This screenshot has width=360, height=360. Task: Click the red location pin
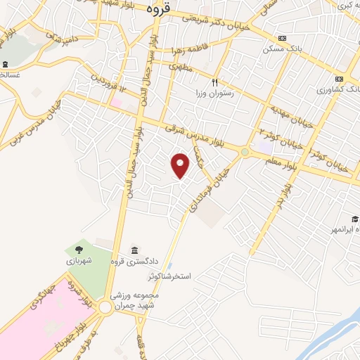[181, 164]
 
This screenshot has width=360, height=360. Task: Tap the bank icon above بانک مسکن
[282, 39]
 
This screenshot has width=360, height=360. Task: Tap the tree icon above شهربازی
[78, 250]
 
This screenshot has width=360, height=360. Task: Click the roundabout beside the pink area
[106, 307]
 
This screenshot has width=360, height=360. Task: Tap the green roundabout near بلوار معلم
[245, 152]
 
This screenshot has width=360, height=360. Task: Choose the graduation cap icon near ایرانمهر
[356, 219]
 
